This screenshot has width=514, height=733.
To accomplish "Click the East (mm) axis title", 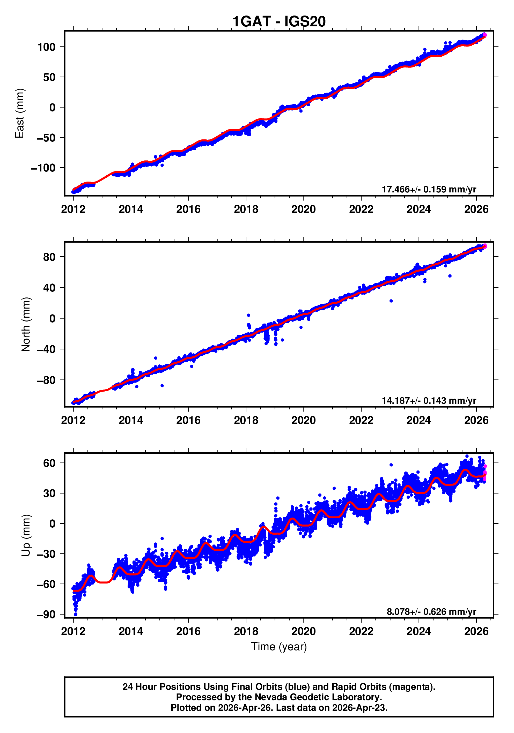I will point(20,113).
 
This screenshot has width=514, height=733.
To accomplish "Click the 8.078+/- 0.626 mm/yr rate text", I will point(431,612).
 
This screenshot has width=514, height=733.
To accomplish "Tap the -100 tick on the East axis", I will point(43,168).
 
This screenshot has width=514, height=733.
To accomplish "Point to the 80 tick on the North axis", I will point(49,257).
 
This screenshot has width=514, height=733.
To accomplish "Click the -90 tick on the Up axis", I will point(46,615).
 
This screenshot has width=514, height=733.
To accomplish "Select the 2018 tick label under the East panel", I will point(246,210).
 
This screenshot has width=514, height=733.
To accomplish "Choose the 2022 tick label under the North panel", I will point(361,421).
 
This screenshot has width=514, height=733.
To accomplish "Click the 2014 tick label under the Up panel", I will point(131,631).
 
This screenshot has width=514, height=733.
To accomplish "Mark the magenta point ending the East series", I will point(484,35).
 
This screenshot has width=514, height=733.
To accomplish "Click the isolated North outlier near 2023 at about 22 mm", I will point(391,301).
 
